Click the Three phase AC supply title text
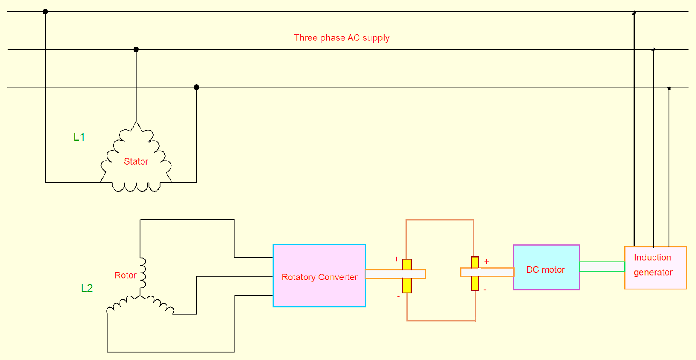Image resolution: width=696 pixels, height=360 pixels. [x=341, y=38]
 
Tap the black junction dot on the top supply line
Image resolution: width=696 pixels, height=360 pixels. [x=45, y=12]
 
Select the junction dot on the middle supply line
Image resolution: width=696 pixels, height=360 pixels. [x=136, y=50]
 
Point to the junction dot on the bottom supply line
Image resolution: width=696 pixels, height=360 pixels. [x=197, y=87]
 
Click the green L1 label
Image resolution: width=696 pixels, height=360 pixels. [x=79, y=137]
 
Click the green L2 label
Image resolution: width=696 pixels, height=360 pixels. [x=87, y=288]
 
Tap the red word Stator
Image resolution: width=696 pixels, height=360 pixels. [x=136, y=161]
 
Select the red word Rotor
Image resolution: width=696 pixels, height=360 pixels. [x=125, y=276]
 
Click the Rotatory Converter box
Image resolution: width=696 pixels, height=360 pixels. [x=319, y=276]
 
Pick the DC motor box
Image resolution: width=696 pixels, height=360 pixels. [x=546, y=267]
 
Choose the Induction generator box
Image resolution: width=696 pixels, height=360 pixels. [x=655, y=268]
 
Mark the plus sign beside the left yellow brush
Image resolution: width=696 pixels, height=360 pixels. [x=396, y=259]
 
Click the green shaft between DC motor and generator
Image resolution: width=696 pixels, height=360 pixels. [x=602, y=266]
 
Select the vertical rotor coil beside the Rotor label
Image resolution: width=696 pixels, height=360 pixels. [x=143, y=273]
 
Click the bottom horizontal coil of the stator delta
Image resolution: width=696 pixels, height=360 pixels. [x=136, y=187]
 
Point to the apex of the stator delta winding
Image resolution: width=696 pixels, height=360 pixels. [x=137, y=123]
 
